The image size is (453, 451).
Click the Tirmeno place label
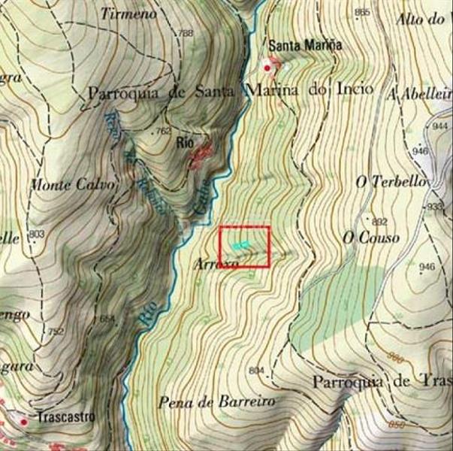[128, 14]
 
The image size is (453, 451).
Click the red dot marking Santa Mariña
[267, 68]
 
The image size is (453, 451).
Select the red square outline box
[244, 246]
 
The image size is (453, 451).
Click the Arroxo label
[216, 264]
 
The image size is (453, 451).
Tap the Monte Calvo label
[73, 184]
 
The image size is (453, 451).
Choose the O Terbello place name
[391, 182]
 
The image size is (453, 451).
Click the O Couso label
[371, 238]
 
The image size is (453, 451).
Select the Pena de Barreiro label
[216, 401]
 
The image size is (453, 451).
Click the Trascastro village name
[66, 416]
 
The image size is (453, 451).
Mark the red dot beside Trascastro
[23, 422]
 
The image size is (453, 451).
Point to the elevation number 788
[185, 33]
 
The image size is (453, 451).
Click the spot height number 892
[379, 221]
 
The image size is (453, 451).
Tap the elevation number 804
[256, 370]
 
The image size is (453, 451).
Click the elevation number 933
[434, 206]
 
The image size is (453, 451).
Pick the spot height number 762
[162, 131]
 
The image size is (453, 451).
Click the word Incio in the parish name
[355, 89]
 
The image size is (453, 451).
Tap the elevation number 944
[440, 127]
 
